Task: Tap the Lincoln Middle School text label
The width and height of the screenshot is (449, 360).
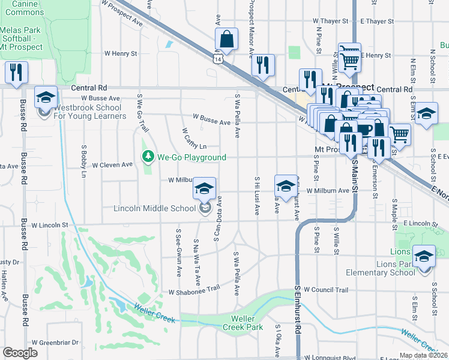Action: pos(155,209)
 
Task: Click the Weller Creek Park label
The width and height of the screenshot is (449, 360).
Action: pos(243,323)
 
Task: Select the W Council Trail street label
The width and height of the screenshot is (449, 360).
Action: pos(325,290)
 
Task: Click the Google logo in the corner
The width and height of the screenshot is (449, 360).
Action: pos(20,353)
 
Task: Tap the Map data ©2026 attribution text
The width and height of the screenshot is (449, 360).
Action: pos(423,355)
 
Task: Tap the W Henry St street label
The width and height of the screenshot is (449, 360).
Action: pos(121,53)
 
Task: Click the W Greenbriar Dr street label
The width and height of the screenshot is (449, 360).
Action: pos(55,343)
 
